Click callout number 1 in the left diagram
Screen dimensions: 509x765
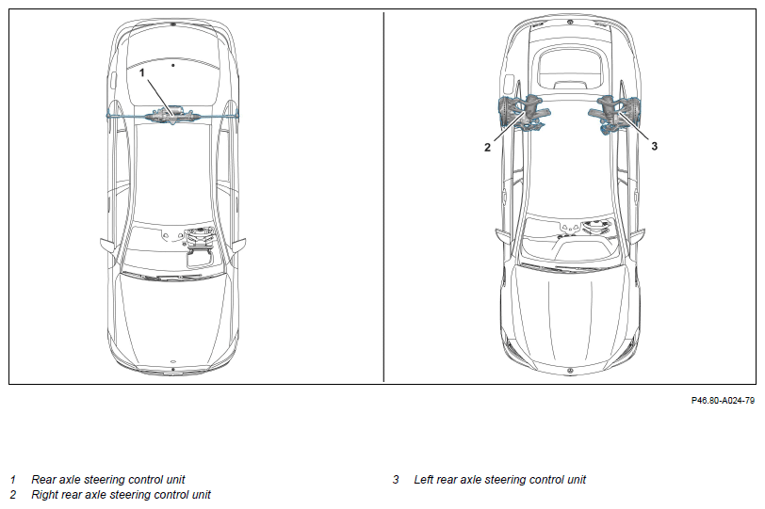tap(142, 72)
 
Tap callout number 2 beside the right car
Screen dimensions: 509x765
tap(487, 147)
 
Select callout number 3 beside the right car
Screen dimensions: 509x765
tap(654, 147)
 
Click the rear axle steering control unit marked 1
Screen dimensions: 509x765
tap(173, 116)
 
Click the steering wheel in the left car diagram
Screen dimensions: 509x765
tap(201, 239)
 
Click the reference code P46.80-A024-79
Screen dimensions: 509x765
tap(723, 400)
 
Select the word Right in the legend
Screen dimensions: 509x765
tap(46, 495)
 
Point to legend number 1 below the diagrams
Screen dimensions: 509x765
tap(13, 480)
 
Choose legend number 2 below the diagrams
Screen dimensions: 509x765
tap(13, 495)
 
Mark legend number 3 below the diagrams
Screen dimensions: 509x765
tap(397, 480)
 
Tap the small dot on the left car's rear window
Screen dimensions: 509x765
tap(173, 65)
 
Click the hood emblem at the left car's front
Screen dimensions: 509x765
tap(173, 361)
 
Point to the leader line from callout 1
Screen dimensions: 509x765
tap(155, 92)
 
